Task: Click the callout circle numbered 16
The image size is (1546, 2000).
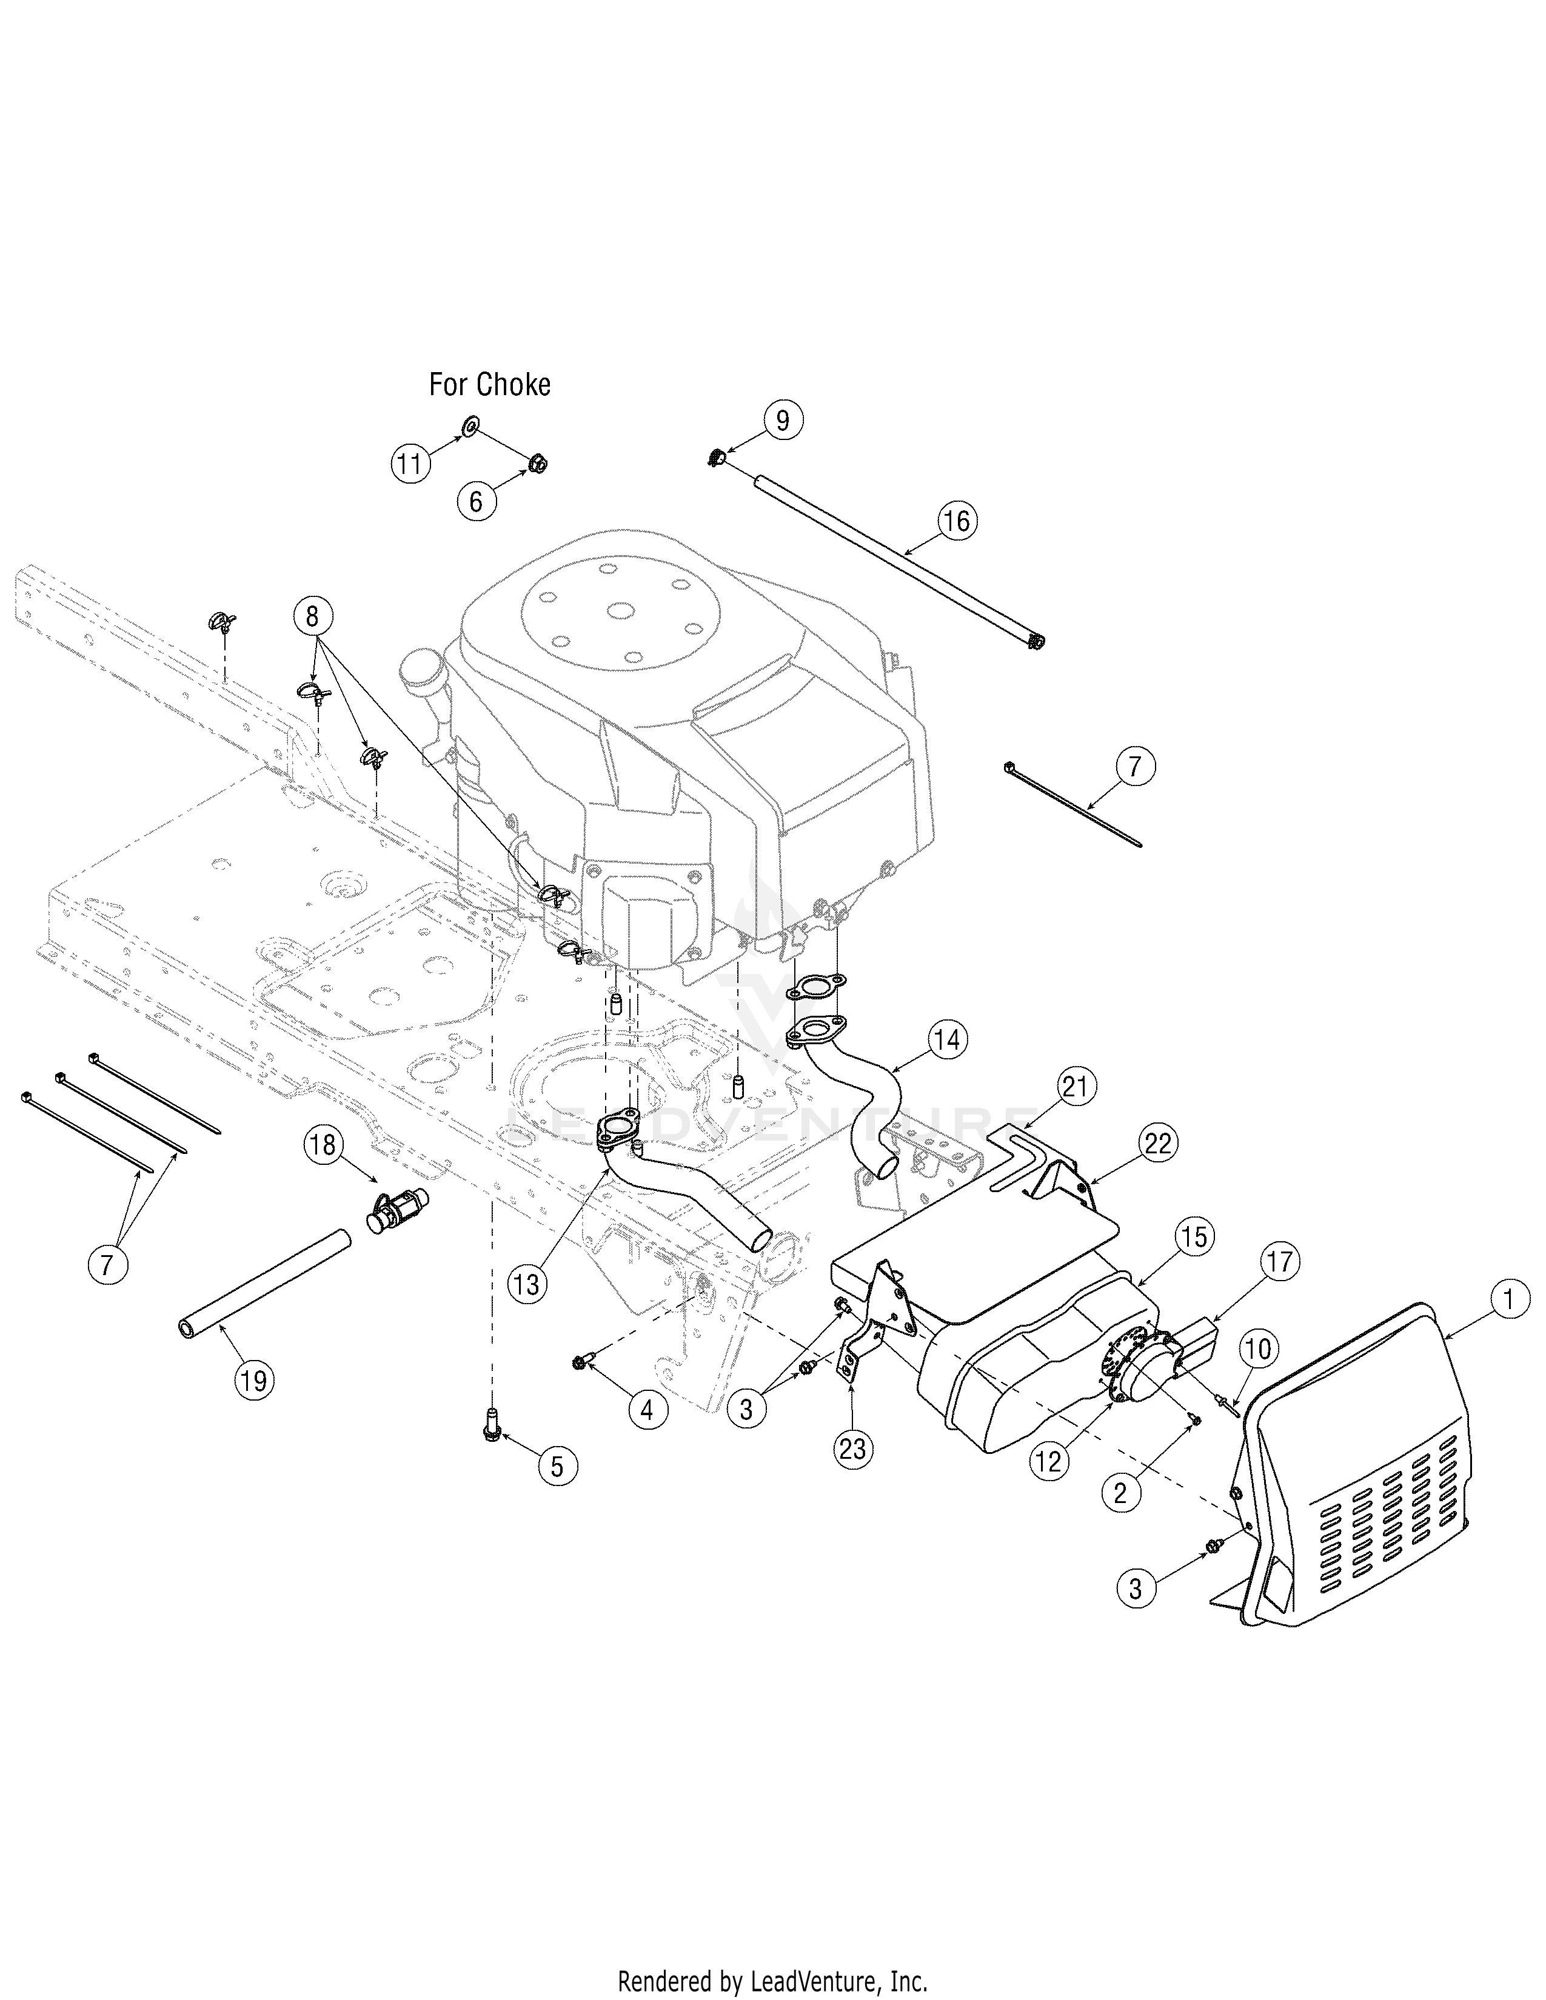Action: click(x=956, y=521)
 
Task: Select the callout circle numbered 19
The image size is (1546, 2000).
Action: click(x=255, y=1379)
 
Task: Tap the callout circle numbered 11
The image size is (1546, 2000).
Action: click(x=410, y=464)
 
